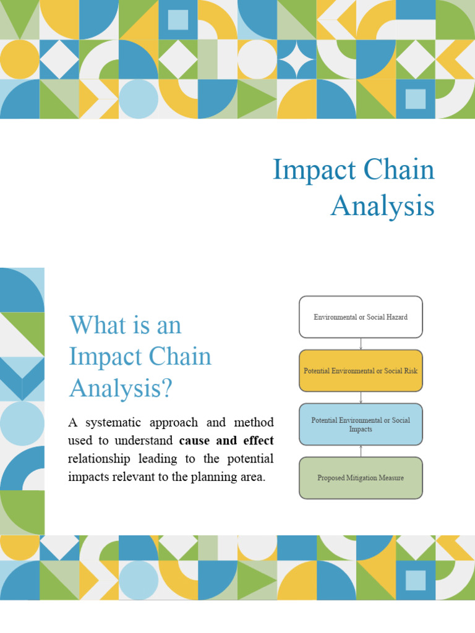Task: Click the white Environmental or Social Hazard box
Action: coord(361,317)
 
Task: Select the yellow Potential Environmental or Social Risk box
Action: coord(361,371)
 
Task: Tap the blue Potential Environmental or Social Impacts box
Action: coord(361,424)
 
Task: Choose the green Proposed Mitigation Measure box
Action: coord(361,478)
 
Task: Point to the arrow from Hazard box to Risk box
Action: coord(361,344)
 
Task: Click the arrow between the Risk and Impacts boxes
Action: coord(361,397)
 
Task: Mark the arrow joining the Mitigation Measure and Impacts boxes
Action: coord(361,451)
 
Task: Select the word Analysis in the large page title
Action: coord(382,206)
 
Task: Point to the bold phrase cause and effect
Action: coord(226,441)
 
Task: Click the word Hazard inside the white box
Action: coord(395,317)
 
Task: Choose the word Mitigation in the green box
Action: coord(366,478)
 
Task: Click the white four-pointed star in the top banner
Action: coord(296,60)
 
